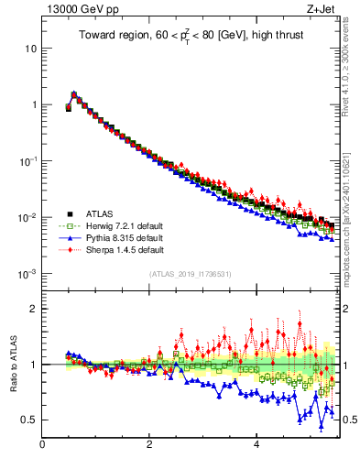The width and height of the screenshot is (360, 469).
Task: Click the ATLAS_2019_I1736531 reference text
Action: [190, 274]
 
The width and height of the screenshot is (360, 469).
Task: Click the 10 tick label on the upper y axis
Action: [29, 48]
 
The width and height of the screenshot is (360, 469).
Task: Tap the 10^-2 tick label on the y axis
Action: [27, 217]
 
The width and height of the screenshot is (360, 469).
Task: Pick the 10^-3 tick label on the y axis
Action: [27, 274]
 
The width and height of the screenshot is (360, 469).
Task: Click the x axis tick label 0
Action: [42, 446]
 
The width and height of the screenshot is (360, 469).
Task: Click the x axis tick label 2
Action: [149, 446]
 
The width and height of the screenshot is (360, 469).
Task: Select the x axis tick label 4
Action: [256, 446]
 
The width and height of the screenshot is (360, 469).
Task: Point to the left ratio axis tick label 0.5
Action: [28, 420]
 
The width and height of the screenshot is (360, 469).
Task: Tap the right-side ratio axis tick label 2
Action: [346, 309]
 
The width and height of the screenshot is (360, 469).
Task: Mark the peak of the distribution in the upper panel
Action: [74, 93]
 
